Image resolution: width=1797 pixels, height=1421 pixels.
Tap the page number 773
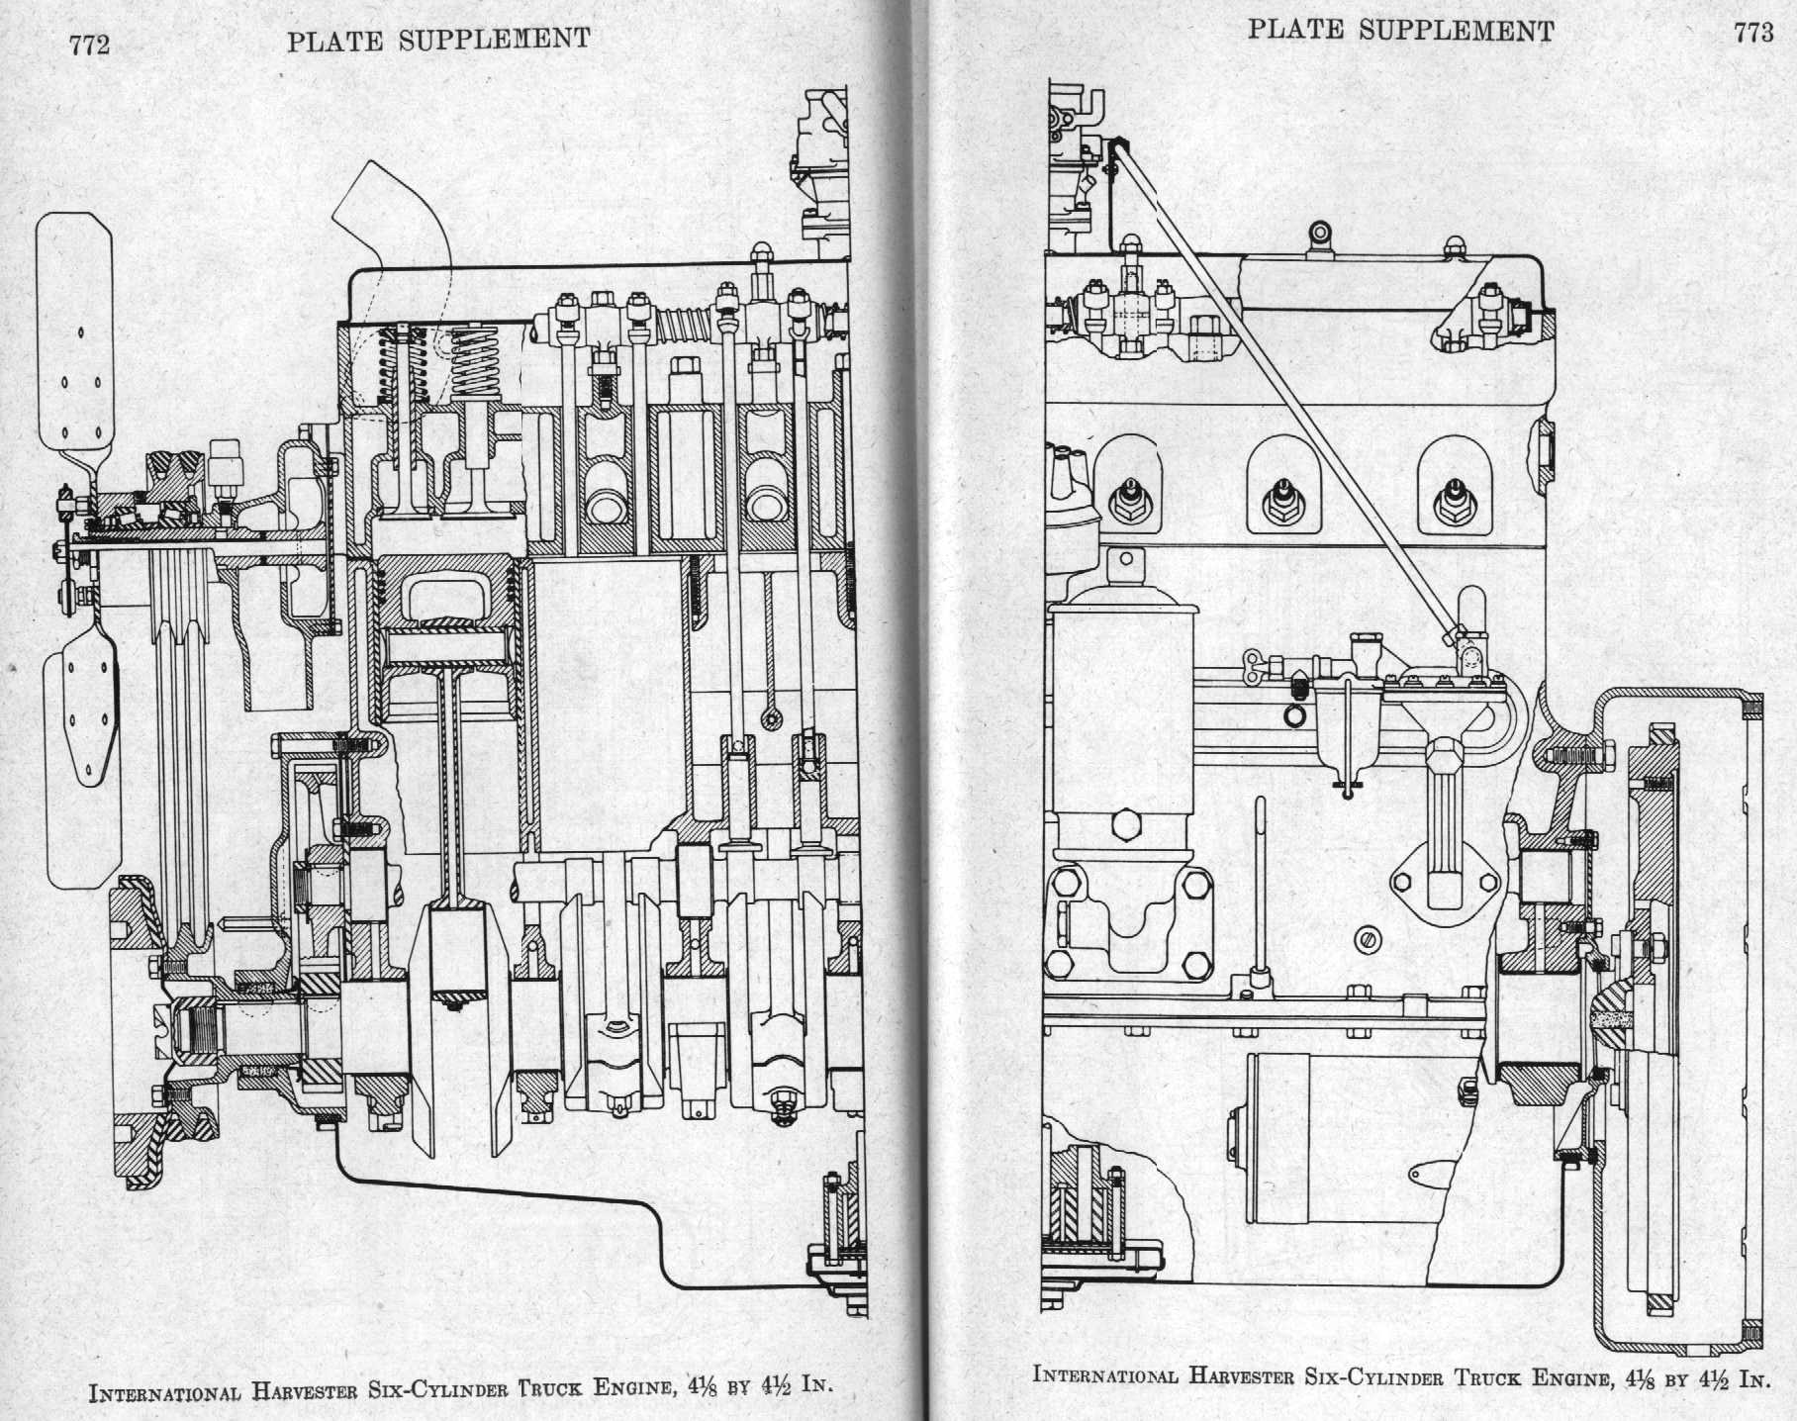point(1752,33)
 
